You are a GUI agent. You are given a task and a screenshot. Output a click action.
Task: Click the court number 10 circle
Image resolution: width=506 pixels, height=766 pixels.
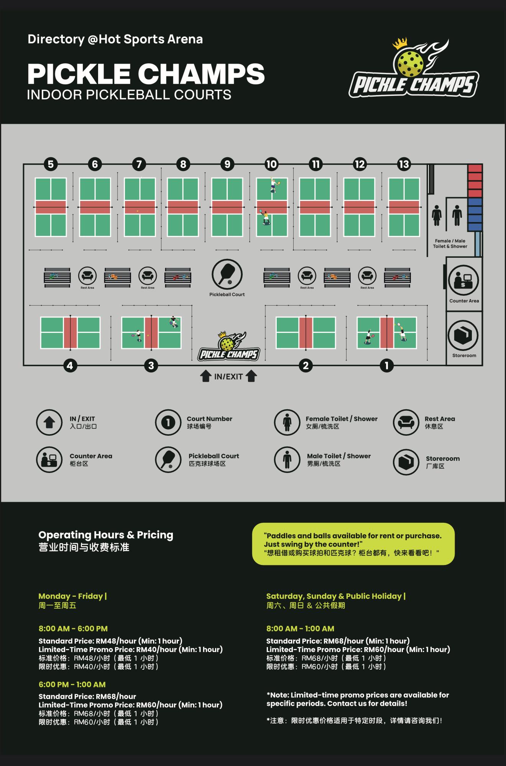pos(271,164)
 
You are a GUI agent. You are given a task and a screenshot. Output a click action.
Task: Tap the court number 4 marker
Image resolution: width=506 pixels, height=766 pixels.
pos(70,366)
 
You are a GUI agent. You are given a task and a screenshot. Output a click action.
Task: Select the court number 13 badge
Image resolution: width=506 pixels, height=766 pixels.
pos(404,164)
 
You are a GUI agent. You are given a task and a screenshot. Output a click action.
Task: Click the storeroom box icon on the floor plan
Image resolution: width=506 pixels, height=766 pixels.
pos(463,335)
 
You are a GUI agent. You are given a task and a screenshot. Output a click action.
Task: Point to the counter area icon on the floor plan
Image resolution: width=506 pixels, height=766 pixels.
pos(463,280)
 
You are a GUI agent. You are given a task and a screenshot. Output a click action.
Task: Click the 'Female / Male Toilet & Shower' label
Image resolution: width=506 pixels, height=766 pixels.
pos(450,244)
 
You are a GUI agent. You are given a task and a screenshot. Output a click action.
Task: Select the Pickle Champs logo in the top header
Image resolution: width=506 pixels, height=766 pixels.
pos(414,68)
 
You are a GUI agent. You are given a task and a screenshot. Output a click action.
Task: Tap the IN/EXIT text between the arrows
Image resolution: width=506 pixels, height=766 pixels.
pos(228,377)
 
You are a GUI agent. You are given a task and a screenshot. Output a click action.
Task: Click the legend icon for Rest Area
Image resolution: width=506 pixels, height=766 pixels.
pos(406,422)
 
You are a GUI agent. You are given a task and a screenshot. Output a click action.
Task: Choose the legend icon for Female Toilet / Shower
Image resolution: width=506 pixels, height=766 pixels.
pos(287,422)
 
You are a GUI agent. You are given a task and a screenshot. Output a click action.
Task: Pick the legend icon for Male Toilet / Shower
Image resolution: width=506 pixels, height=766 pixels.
pos(287,460)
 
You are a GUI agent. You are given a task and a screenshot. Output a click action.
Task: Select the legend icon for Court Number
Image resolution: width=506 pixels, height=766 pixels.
pos(168,422)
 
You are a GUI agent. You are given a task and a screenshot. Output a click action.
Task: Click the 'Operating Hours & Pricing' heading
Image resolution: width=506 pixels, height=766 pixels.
pos(106,535)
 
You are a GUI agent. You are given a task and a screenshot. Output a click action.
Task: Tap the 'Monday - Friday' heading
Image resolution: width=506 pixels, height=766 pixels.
pos(71,596)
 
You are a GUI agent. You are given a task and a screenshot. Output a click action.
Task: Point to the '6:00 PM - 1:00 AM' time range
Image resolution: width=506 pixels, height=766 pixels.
pos(72,684)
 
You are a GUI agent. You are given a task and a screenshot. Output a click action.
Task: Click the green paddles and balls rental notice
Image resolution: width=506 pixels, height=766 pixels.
pos(353,544)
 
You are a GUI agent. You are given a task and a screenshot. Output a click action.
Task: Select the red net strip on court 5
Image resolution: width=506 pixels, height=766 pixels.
pos(51,207)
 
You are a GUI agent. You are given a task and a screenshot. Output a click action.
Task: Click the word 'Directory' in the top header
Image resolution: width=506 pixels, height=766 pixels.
pos(56,39)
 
